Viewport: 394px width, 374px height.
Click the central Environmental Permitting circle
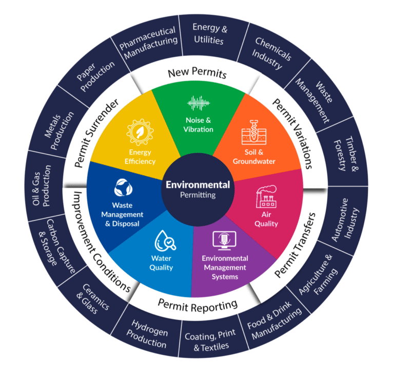click(x=197, y=190)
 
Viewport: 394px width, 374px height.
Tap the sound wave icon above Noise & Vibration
click(x=199, y=103)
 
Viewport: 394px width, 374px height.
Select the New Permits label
click(x=197, y=74)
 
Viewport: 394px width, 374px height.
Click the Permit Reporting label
click(x=198, y=305)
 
